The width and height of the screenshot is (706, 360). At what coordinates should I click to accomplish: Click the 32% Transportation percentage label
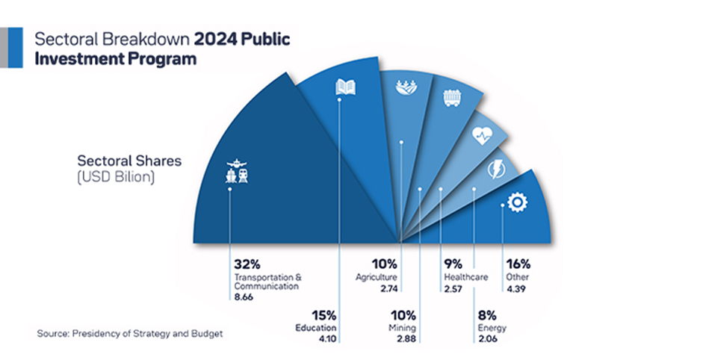pyautogui.click(x=247, y=264)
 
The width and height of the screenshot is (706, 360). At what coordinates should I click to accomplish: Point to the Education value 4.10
pyautogui.click(x=326, y=339)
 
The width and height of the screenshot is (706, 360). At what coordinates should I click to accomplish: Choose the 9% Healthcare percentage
pyautogui.click(x=453, y=264)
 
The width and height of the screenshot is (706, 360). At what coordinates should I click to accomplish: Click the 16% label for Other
pyautogui.click(x=518, y=264)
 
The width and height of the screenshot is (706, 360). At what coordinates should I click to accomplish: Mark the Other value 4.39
pyautogui.click(x=515, y=288)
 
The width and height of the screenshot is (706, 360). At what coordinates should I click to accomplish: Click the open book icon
pyautogui.click(x=345, y=88)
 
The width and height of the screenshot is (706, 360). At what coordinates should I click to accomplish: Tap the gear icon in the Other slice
pyautogui.click(x=515, y=202)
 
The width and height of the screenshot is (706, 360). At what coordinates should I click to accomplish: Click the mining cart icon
pyautogui.click(x=452, y=99)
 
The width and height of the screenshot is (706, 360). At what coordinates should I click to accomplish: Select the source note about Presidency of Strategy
pyautogui.click(x=129, y=333)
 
